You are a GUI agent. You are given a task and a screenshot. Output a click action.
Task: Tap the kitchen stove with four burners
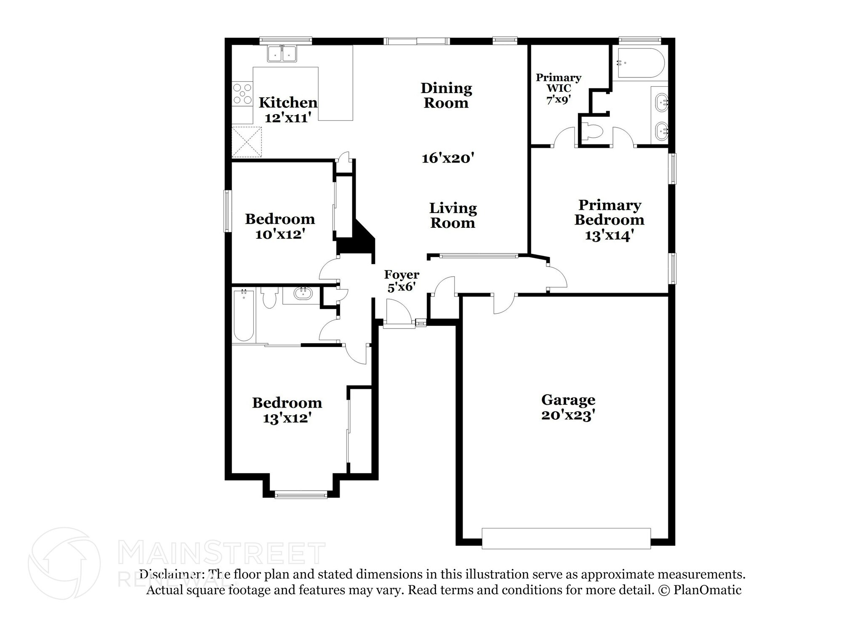click(242, 94)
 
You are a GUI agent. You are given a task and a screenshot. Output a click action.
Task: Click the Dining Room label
click(446, 96)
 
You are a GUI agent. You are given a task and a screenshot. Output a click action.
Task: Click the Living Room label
click(453, 215)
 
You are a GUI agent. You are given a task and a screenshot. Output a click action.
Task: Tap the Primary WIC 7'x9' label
click(558, 89)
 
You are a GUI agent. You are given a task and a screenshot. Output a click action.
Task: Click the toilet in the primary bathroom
click(592, 132)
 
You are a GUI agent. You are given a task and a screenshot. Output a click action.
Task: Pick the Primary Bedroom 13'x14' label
click(609, 220)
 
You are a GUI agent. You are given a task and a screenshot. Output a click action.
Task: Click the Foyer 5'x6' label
click(402, 280)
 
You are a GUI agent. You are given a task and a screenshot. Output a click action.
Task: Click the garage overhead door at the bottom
click(566, 538)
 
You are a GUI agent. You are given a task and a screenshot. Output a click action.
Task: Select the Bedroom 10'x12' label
click(280, 226)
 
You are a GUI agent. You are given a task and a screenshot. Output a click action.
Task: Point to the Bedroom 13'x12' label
click(287, 410)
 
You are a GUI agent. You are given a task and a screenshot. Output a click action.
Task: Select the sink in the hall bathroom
click(302, 293)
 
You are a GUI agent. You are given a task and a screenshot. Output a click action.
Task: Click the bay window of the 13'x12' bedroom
click(301, 495)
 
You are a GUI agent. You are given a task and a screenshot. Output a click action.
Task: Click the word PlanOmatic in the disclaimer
click(707, 590)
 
